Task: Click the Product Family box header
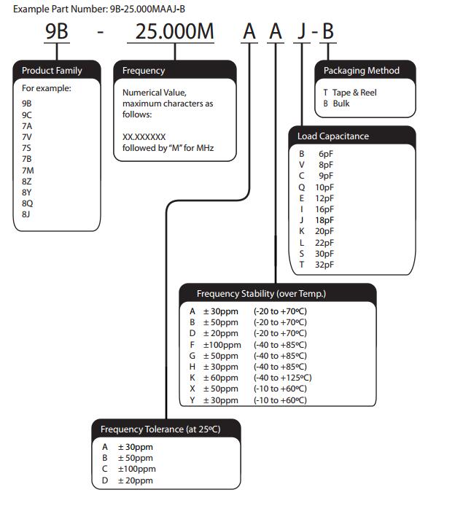52,71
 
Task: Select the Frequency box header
144,71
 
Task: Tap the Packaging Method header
362,71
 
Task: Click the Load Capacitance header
333,136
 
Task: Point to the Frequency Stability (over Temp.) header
261,294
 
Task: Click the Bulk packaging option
341,104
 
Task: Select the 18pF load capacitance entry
324,219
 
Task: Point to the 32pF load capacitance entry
324,263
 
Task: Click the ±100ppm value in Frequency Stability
221,344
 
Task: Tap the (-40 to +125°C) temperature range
282,378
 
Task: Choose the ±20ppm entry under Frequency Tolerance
135,481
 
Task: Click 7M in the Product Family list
27,170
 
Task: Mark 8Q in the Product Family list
27,203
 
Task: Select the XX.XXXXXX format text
144,136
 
